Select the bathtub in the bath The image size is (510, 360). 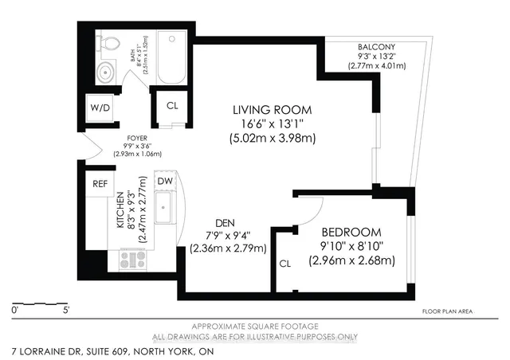[x=171, y=59]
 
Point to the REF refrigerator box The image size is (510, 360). [x=100, y=183]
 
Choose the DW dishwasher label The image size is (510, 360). [x=165, y=182]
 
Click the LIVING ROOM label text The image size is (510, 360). [x=272, y=109]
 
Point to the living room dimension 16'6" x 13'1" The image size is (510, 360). [x=272, y=123]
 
